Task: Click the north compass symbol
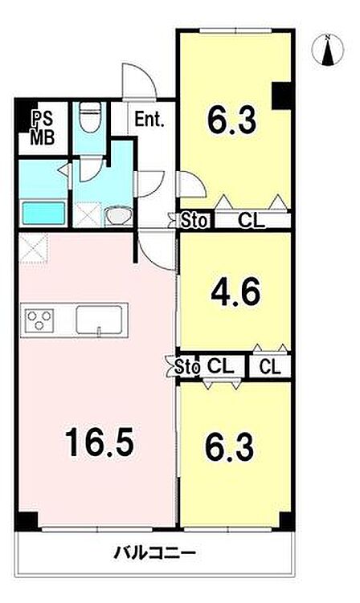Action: click(x=327, y=50)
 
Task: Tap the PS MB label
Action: click(x=43, y=128)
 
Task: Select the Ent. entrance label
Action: click(x=149, y=120)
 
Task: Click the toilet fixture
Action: click(x=90, y=117)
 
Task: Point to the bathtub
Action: click(x=43, y=213)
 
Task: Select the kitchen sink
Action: click(x=99, y=320)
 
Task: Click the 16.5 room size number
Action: click(x=100, y=442)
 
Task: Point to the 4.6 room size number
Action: click(x=235, y=293)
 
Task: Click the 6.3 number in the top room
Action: click(x=231, y=120)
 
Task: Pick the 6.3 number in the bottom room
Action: click(x=230, y=447)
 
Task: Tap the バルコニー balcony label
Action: click(x=155, y=554)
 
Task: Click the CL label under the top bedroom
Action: click(x=252, y=220)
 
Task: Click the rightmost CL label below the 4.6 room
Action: click(x=270, y=366)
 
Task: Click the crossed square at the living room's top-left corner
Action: click(x=34, y=247)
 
